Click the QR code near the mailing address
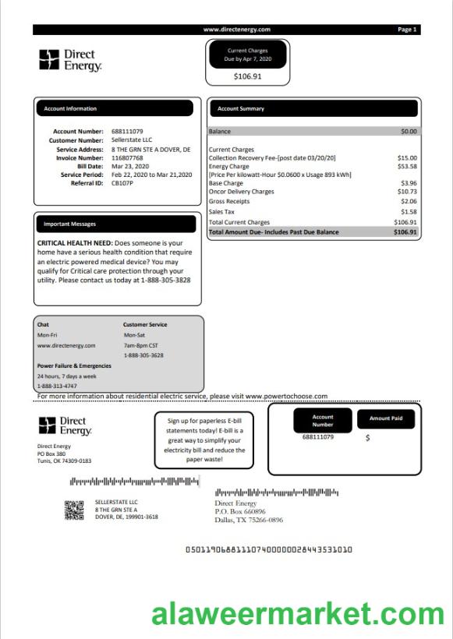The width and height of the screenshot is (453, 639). pyautogui.click(x=73, y=510)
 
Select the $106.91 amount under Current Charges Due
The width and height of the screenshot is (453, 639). pyautogui.click(x=248, y=76)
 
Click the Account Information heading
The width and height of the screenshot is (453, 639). pyautogui.click(x=70, y=109)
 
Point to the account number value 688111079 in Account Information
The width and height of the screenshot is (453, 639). pyautogui.click(x=127, y=132)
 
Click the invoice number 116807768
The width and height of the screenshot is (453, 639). pyautogui.click(x=127, y=157)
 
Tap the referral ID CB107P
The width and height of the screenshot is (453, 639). pyautogui.click(x=123, y=183)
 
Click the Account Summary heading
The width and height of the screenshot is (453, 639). pyautogui.click(x=241, y=109)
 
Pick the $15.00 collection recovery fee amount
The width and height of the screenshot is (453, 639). pyautogui.click(x=408, y=157)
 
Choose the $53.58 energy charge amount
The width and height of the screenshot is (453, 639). pyautogui.click(x=408, y=166)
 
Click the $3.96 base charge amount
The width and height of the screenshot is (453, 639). pyautogui.click(x=409, y=183)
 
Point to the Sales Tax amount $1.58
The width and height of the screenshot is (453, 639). pyautogui.click(x=409, y=211)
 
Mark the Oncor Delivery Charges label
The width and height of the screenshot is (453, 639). pyautogui.click(x=242, y=192)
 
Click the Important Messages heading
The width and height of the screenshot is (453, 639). pyautogui.click(x=70, y=224)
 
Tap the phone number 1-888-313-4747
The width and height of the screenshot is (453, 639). pyautogui.click(x=57, y=386)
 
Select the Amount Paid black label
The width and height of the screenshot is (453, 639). pyautogui.click(x=386, y=419)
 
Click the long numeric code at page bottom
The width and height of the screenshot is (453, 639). pyautogui.click(x=269, y=549)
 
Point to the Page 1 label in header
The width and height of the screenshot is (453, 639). pyautogui.click(x=407, y=30)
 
